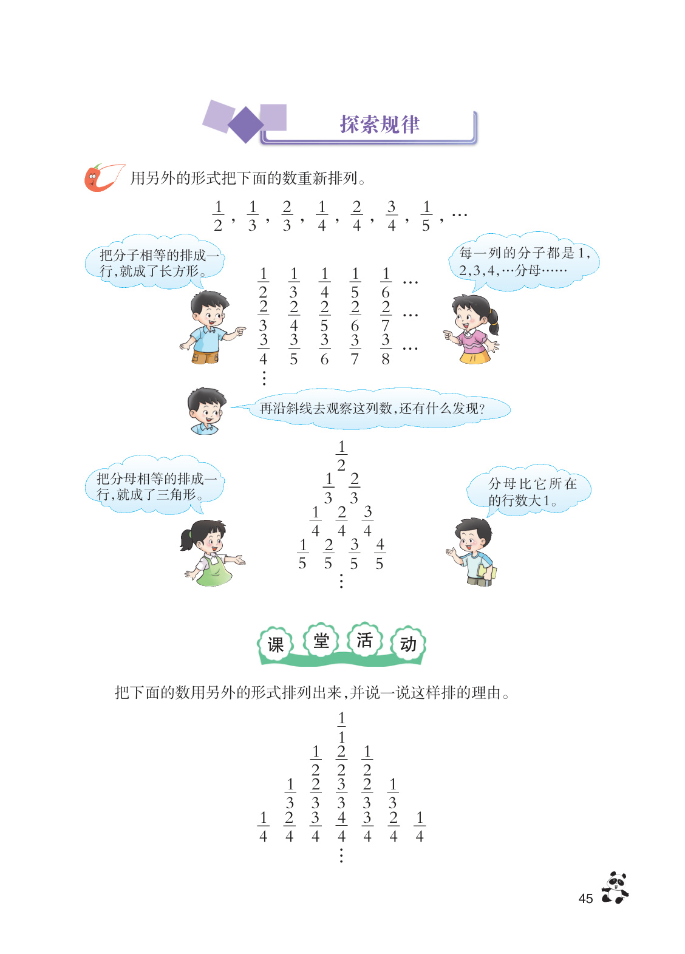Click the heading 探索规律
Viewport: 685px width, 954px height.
[380, 124]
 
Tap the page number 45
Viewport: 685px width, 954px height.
[585, 899]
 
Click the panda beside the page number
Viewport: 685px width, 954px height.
[615, 888]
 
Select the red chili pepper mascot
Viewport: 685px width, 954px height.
[97, 178]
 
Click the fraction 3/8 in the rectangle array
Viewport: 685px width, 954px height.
[386, 349]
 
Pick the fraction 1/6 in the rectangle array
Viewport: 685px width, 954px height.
[386, 283]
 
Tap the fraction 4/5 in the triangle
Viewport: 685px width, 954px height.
[380, 554]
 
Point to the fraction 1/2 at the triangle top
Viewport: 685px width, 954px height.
[341, 455]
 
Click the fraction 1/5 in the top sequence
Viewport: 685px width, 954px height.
[426, 216]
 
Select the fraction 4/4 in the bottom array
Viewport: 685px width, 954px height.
[341, 826]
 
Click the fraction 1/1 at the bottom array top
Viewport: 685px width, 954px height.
[341, 727]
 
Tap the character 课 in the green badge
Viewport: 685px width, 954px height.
[276, 644]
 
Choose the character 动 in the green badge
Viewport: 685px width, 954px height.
[408, 644]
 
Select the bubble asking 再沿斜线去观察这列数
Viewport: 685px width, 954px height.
[372, 409]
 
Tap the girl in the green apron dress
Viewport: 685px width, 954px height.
[210, 553]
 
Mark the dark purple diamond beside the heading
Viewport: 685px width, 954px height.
[245, 124]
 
